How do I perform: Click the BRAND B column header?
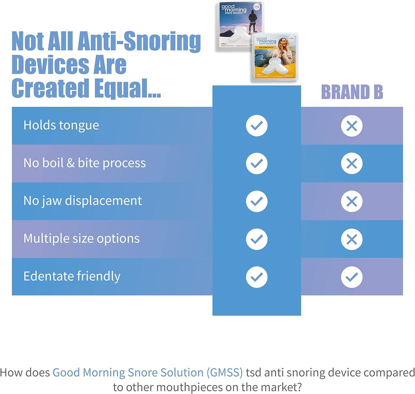[x=352, y=92]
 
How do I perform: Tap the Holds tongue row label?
[x=61, y=125]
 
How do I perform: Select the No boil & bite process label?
[x=84, y=163]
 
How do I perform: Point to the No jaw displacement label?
[x=82, y=201]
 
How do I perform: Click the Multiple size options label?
[x=81, y=238]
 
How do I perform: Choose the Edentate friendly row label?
[x=72, y=276]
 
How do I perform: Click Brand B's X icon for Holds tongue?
[x=352, y=126]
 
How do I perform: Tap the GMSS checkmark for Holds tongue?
[x=257, y=126]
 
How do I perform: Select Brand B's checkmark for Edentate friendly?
[x=352, y=277]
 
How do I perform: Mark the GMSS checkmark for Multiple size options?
[x=257, y=239]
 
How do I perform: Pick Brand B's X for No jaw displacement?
[x=352, y=201]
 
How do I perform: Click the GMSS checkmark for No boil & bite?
[x=257, y=163]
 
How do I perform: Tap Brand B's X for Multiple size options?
[x=352, y=239]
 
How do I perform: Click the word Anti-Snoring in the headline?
[x=139, y=41]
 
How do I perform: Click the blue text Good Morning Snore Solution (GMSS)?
[x=147, y=372]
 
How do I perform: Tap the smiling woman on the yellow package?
[x=284, y=48]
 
